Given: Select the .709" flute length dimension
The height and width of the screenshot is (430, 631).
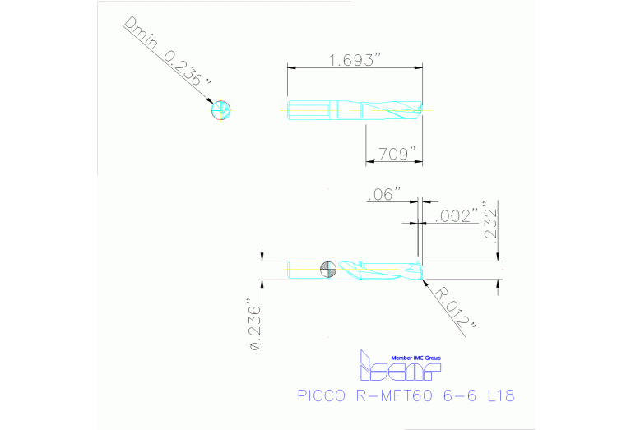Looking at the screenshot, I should click(x=394, y=153).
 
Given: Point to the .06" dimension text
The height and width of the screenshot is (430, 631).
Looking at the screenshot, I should click(x=385, y=194).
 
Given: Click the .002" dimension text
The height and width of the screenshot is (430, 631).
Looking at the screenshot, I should click(x=457, y=216).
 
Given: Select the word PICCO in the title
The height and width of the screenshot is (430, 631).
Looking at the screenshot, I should click(x=322, y=396).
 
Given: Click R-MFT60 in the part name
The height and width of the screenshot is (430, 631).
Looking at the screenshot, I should click(x=393, y=396).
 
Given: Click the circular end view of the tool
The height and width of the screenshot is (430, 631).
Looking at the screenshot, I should click(x=220, y=109).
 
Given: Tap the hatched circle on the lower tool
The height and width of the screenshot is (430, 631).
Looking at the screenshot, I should click(x=328, y=269).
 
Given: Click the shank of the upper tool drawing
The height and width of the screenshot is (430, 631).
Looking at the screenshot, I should click(x=309, y=109).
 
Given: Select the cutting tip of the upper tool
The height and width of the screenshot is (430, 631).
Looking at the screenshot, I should click(x=419, y=109).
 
